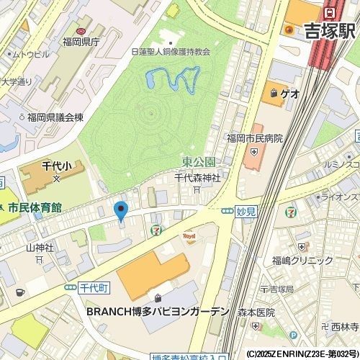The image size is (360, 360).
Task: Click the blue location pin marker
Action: click(x=121, y=211)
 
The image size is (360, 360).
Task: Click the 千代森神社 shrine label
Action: click(x=197, y=178)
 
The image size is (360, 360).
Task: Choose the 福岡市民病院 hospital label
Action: click(x=254, y=137)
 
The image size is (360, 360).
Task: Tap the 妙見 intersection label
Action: click(x=246, y=212)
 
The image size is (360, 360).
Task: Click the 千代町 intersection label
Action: click(x=93, y=287)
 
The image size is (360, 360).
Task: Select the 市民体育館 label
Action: click(x=34, y=207)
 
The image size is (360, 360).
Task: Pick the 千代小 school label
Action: click(x=55, y=166)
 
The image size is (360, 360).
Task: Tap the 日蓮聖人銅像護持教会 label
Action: click(x=171, y=52)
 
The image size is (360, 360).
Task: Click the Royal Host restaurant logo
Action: click(x=190, y=236)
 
